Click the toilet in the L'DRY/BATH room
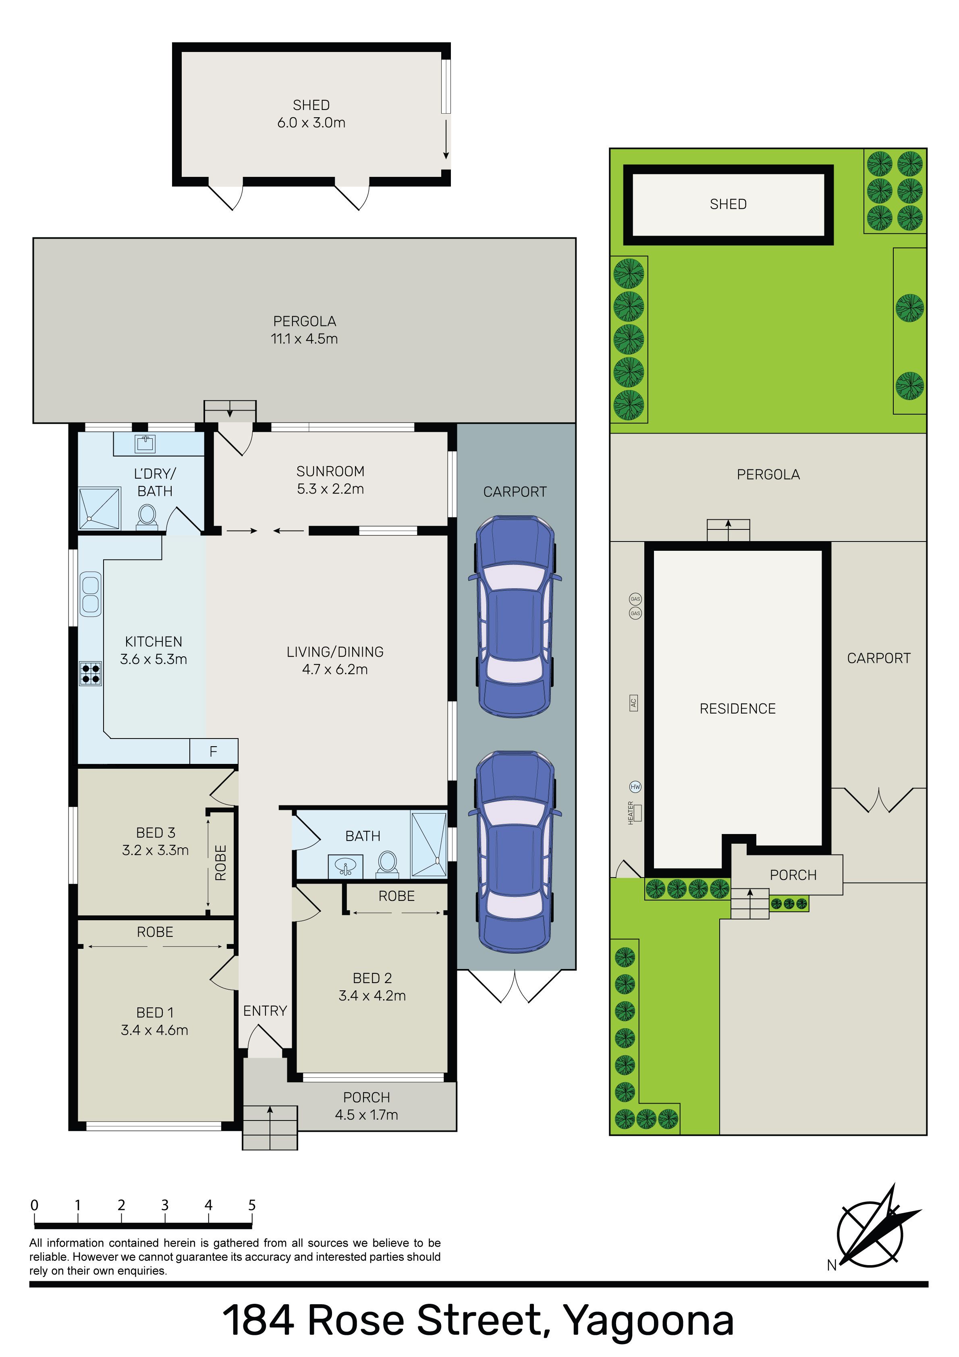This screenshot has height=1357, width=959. pyautogui.click(x=147, y=515)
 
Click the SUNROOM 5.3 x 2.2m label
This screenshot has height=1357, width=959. pyautogui.click(x=330, y=480)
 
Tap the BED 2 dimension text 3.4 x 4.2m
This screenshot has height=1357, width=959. pyautogui.click(x=372, y=996)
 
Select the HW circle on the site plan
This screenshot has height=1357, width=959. pyautogui.click(x=635, y=786)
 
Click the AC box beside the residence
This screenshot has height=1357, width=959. pyautogui.click(x=633, y=703)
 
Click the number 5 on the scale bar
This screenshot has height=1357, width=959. pyautogui.click(x=252, y=1205)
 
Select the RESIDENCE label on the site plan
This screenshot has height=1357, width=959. pyautogui.click(x=737, y=709)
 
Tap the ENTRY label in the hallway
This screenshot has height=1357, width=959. pyautogui.click(x=265, y=1010)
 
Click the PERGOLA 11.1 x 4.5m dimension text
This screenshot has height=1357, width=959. pyautogui.click(x=305, y=339)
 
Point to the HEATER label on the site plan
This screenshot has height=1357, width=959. pyautogui.click(x=631, y=813)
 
